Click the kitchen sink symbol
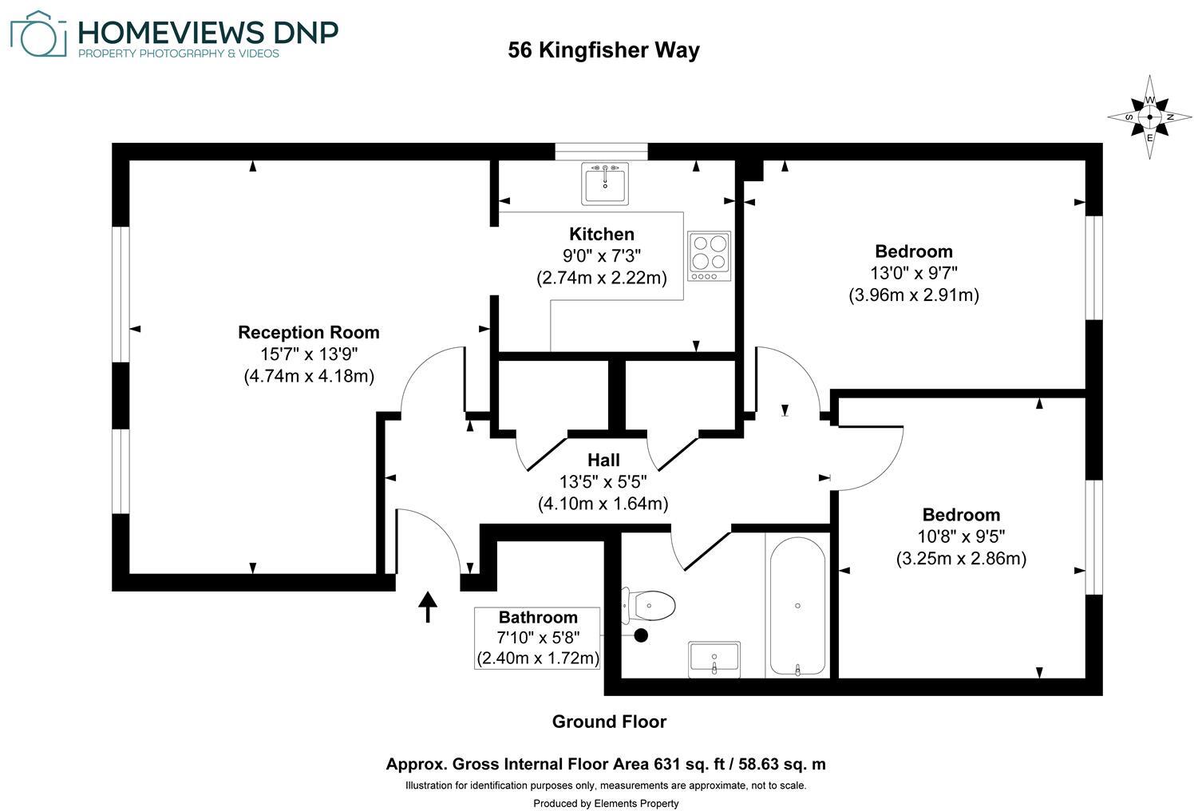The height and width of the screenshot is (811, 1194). pos(606,183)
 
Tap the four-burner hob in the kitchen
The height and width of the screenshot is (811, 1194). pos(709,255)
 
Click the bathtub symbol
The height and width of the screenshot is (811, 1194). pos(797,607)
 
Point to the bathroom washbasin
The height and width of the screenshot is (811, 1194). pos(714,659)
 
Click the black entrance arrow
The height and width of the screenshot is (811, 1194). pos(429,607)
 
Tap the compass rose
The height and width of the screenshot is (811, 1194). pos(1149,117)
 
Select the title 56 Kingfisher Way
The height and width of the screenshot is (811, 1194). pos(603,50)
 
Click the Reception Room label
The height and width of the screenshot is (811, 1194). pos(308,332)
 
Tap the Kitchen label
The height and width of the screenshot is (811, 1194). pos(601,234)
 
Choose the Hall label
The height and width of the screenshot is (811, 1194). pos(603,460)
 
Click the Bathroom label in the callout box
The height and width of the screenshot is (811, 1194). pos(537,617)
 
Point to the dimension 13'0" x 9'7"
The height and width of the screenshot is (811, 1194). pos(913,273)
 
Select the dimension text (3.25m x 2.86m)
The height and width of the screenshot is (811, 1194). pos(961,558)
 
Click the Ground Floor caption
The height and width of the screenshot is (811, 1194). pos(609,722)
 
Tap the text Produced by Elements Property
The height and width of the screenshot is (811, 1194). pos(606,803)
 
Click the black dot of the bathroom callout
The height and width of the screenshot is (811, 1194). pos(640,635)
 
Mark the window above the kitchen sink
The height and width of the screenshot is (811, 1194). pos(601,151)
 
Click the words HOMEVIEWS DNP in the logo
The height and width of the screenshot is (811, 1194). pos(208,32)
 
